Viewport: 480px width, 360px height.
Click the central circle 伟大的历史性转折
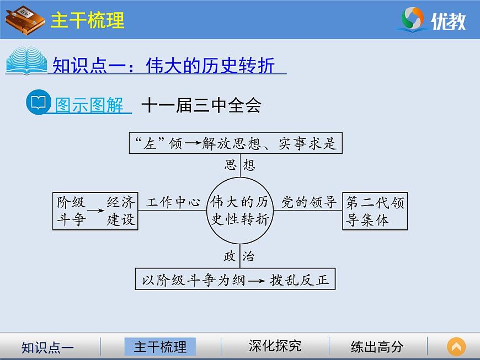[240, 211]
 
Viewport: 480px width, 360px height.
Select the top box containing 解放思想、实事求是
[236, 143]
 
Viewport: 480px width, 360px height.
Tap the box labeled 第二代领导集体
[375, 211]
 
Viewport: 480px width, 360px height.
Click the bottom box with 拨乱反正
[236, 279]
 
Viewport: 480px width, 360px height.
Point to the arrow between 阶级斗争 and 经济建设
[96, 211]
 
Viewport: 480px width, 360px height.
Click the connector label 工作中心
[173, 202]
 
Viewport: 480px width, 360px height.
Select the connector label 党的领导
[309, 202]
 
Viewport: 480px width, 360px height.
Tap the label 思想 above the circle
[241, 165]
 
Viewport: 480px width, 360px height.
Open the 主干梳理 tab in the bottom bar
[161, 346]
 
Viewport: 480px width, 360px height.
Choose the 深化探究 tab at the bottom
[275, 346]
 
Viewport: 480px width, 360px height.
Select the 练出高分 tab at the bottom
[377, 346]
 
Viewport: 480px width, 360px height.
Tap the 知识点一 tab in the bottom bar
[47, 347]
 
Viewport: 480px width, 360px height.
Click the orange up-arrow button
[456, 347]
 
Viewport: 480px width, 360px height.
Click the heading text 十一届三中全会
[201, 105]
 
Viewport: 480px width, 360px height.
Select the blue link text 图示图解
[90, 105]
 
